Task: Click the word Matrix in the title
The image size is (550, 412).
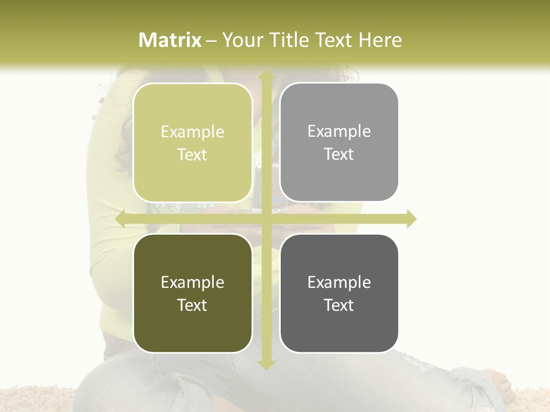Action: click(170, 40)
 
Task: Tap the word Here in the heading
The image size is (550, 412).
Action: click(380, 40)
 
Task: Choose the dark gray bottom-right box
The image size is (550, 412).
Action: click(339, 329)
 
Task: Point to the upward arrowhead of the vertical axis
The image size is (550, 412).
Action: click(266, 76)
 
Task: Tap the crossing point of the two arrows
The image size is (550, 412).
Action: click(266, 219)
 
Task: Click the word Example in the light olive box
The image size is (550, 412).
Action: click(192, 132)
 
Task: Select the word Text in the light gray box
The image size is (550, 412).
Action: click(339, 154)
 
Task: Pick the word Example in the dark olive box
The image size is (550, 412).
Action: click(192, 283)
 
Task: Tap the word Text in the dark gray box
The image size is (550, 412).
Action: click(339, 305)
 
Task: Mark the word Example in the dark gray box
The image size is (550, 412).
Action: click(339, 282)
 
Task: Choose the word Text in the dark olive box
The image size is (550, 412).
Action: click(192, 305)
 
